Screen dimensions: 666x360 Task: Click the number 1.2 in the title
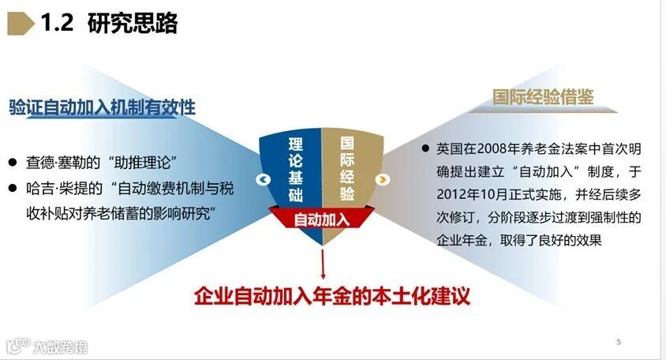click(57, 24)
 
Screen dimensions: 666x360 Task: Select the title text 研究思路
click(133, 24)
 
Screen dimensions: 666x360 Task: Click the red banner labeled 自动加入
click(321, 219)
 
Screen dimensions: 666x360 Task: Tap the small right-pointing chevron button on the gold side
click(383, 179)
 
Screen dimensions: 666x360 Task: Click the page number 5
click(619, 342)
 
